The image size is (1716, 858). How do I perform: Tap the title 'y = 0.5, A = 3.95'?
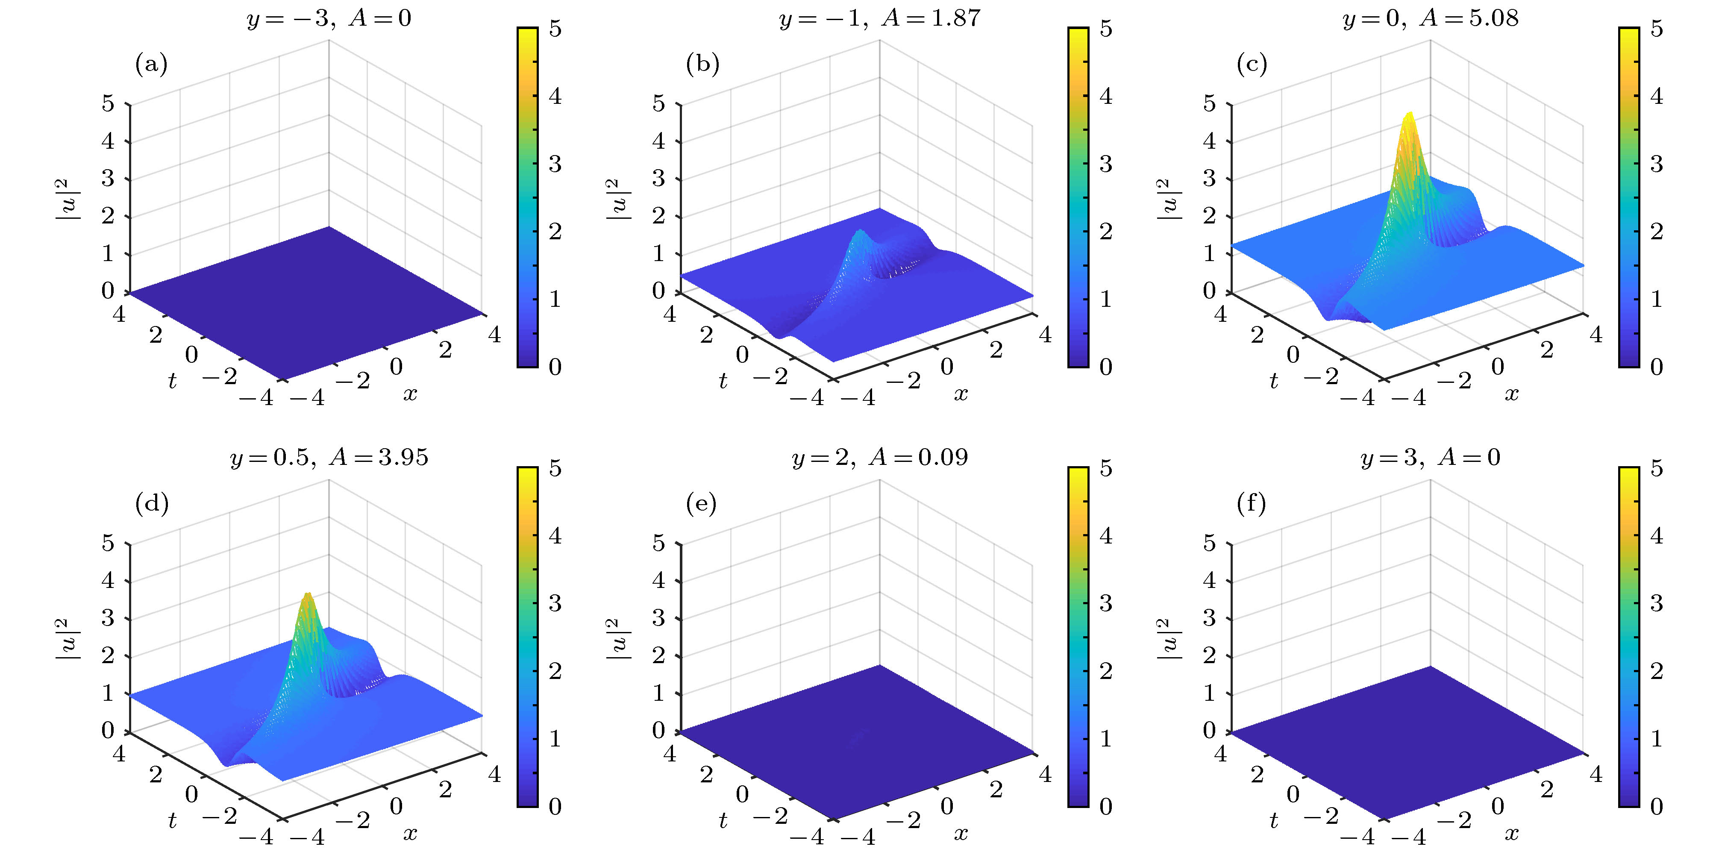[329, 458]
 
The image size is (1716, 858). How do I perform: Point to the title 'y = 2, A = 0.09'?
[879, 458]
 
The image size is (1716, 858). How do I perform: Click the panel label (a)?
[151, 64]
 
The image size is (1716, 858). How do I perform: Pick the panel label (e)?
[702, 504]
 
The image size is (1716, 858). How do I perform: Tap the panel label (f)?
[1252, 504]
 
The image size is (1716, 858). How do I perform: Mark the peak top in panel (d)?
[307, 594]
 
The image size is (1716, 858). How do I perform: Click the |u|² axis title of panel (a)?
[67, 199]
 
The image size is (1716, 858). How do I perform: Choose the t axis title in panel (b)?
[723, 381]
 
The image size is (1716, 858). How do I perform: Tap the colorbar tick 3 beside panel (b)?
[1106, 164]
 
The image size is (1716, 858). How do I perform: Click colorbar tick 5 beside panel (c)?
[1657, 29]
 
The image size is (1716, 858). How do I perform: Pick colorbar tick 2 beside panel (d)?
[555, 671]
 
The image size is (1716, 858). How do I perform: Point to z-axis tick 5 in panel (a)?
[108, 104]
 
